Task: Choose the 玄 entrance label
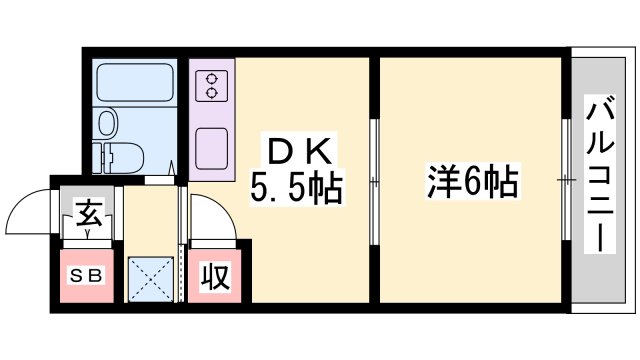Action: tap(87, 212)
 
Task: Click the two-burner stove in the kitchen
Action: tap(212, 86)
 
